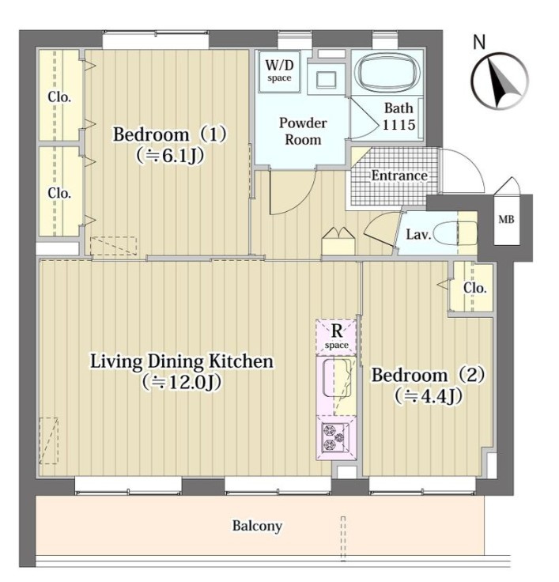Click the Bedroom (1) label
click(170, 134)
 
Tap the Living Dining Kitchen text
click(182, 361)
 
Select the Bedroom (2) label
click(428, 375)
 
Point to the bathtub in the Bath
click(387, 73)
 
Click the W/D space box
click(279, 72)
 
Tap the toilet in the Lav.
click(455, 233)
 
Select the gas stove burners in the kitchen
click(334, 436)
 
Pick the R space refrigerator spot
click(336, 336)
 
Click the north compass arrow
click(500, 82)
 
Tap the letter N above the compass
click(479, 42)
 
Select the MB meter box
click(506, 219)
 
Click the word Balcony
click(257, 526)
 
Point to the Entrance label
click(399, 176)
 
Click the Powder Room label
click(303, 131)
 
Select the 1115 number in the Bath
click(398, 125)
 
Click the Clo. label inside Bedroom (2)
click(474, 288)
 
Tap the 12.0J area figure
click(182, 382)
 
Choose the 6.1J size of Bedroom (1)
click(170, 156)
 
